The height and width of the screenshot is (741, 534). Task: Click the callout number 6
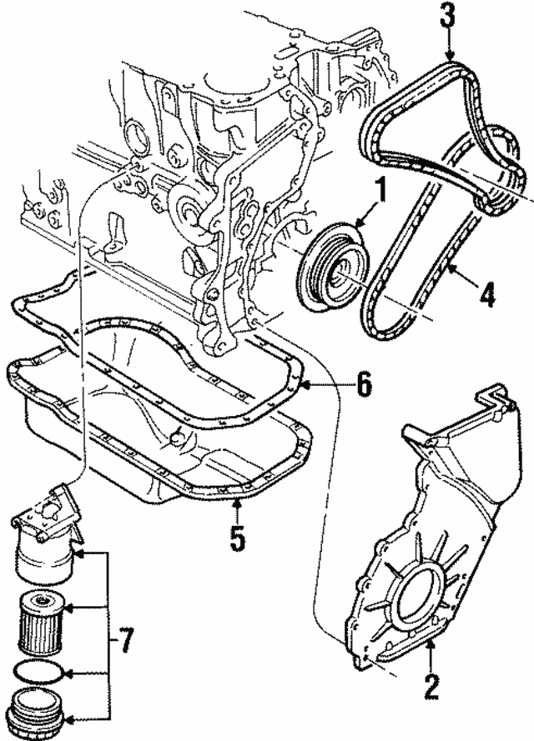pos(361,386)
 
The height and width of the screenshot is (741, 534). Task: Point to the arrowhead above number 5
pos(237,503)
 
